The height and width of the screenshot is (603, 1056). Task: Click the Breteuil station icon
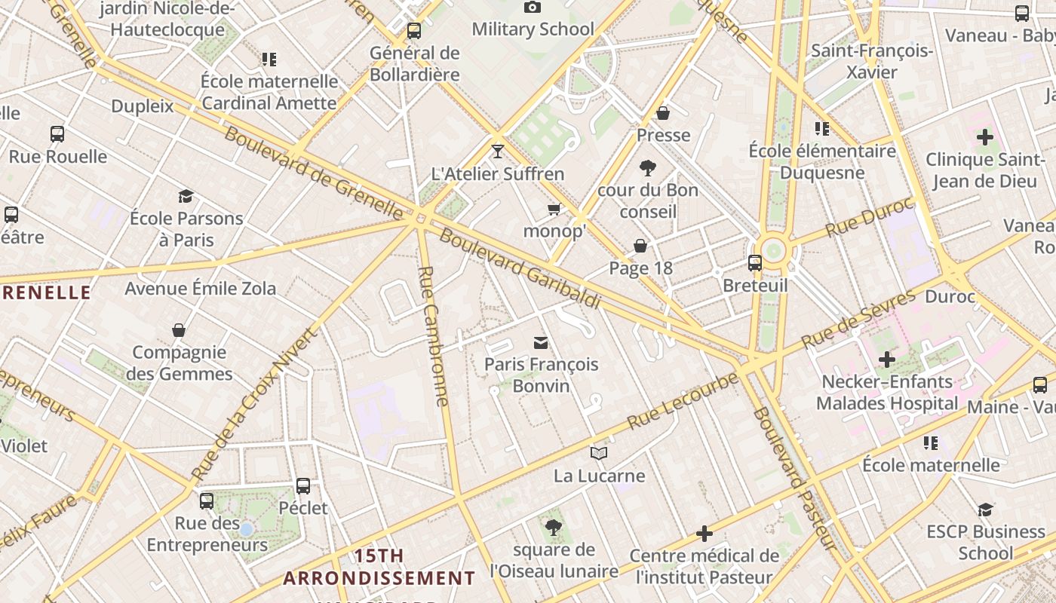tap(755, 263)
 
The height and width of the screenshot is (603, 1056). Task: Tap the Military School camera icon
tap(533, 8)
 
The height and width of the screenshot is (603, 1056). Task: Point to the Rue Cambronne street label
tap(433, 335)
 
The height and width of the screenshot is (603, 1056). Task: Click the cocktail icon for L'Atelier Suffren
tap(497, 152)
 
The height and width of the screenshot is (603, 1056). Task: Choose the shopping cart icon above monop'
tap(554, 209)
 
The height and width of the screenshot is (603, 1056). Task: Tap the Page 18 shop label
tap(640, 268)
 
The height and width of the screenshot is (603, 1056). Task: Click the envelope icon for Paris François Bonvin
tap(541, 343)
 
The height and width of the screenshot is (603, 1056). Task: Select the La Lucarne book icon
tap(599, 454)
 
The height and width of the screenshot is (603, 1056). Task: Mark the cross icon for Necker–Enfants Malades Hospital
tap(887, 360)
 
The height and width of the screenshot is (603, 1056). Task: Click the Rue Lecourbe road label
tap(683, 399)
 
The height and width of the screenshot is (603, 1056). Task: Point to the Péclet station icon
tap(303, 486)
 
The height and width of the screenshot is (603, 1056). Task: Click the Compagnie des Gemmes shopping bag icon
tap(179, 330)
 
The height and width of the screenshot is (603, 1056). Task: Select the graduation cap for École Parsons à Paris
tap(186, 197)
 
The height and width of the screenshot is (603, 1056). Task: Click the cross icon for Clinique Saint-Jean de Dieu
tap(984, 137)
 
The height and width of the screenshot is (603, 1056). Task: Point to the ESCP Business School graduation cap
tap(985, 510)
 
